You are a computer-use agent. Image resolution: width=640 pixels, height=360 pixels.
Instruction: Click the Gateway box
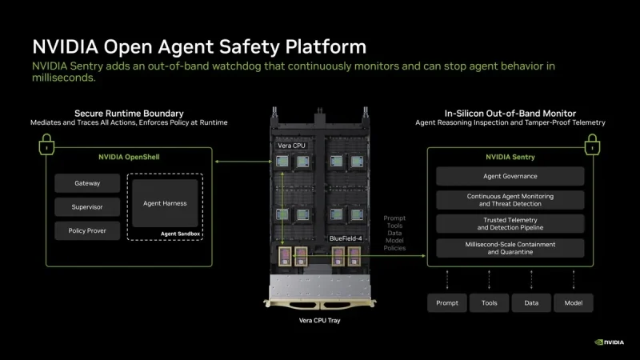click(x=87, y=183)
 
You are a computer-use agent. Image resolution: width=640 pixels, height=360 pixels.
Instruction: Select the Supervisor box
click(x=87, y=207)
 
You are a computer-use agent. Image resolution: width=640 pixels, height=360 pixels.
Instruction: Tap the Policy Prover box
click(x=87, y=230)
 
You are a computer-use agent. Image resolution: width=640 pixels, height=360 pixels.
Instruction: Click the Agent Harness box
click(x=165, y=203)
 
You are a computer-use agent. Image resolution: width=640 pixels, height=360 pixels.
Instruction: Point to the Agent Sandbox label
click(x=180, y=234)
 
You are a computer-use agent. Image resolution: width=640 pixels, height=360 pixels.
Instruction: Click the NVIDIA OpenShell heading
click(x=129, y=157)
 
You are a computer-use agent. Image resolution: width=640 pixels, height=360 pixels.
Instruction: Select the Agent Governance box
click(x=510, y=176)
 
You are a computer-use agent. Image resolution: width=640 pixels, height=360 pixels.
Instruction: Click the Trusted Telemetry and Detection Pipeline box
click(x=510, y=224)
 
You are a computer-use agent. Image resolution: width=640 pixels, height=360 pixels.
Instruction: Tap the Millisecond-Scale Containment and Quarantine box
click(x=510, y=248)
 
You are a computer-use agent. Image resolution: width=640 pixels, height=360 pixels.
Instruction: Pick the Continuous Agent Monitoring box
click(x=510, y=200)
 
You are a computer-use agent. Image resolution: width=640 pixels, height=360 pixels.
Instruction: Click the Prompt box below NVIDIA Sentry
click(x=447, y=303)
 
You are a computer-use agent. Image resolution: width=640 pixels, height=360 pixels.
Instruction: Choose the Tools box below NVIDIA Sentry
click(x=489, y=303)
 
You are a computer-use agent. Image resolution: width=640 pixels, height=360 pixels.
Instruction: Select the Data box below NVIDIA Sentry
click(x=531, y=303)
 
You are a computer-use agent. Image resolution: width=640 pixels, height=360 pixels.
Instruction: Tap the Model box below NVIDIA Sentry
click(x=574, y=303)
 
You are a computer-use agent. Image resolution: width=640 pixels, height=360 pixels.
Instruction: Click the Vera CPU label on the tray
click(x=291, y=146)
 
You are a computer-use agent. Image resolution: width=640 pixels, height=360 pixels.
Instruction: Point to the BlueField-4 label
click(x=346, y=238)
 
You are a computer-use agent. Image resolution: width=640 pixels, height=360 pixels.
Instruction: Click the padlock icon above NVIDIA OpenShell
click(x=46, y=145)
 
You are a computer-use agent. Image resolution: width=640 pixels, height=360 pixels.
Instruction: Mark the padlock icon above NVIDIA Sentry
click(x=592, y=145)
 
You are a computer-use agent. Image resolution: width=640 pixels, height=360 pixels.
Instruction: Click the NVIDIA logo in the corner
click(x=609, y=342)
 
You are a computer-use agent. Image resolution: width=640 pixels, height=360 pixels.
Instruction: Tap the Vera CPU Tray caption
click(x=319, y=321)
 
